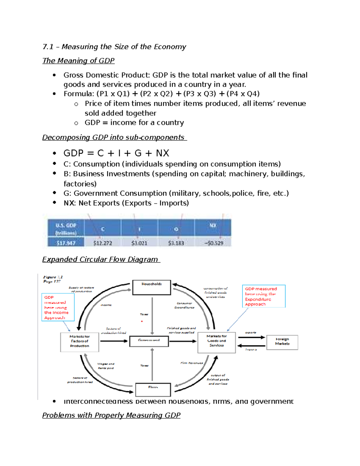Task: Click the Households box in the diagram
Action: tap(151, 287)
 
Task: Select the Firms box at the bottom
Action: tap(153, 389)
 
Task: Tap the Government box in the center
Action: tap(149, 341)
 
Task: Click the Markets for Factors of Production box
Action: tap(79, 342)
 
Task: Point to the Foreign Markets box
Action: tap(282, 342)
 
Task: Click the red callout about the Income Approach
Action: tap(58, 307)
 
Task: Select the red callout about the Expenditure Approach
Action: tap(263, 296)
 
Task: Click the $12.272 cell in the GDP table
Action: tap(103, 243)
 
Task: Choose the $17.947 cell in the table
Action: tap(66, 243)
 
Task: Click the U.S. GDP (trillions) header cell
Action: tap(66, 229)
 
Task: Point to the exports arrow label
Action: tap(250, 332)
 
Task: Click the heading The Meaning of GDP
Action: tap(78, 61)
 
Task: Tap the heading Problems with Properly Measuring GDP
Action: tap(111, 415)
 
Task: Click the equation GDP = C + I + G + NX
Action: tap(116, 153)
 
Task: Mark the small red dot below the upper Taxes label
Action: tap(142, 321)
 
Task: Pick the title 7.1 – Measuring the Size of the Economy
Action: tap(114, 47)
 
